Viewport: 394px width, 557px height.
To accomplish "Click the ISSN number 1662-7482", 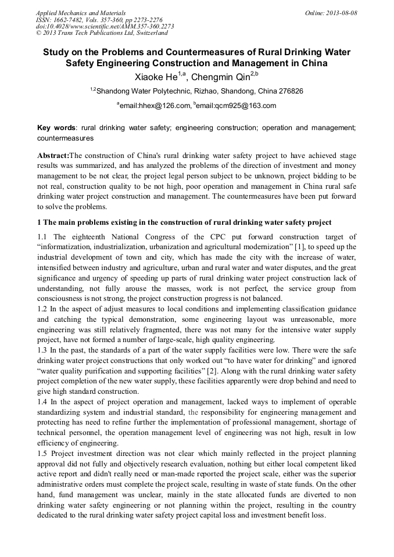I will (x=69, y=20).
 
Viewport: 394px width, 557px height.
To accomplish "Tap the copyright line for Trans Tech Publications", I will (x=102, y=33).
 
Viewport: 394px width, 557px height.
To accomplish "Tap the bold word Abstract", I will (x=53, y=156).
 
